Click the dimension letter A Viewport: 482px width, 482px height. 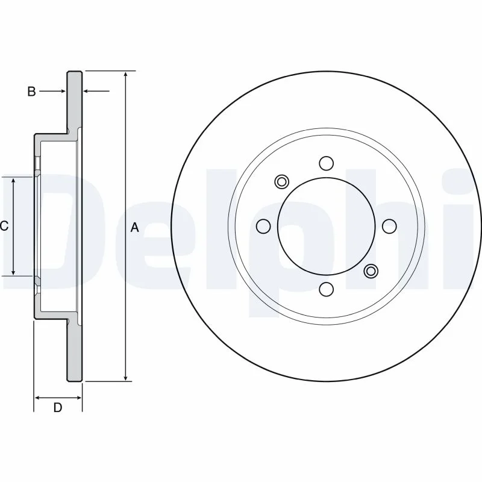pos(134,228)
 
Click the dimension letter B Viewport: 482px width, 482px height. pos(31,92)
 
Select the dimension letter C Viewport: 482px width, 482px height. pos(4,226)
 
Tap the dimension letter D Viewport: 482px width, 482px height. pos(58,408)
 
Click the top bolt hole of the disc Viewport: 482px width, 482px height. pos(326,163)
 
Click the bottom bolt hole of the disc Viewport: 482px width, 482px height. pos(326,289)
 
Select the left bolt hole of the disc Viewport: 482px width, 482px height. pos(263,227)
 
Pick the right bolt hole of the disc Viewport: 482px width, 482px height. pos(389,227)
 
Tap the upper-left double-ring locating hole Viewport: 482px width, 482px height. pos(281,182)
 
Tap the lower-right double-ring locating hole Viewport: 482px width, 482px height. pos(371,271)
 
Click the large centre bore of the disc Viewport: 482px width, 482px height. pos(326,227)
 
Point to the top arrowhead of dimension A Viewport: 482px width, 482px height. pos(125,74)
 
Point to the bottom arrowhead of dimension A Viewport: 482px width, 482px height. pos(125,378)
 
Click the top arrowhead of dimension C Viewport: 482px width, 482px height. pos(13,181)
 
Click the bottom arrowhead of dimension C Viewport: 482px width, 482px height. pos(13,272)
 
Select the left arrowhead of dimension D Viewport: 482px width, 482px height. pos(37,398)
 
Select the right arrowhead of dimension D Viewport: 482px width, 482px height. pos(78,398)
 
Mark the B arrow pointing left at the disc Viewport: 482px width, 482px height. pos(96,91)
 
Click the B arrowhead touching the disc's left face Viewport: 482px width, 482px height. pos(63,91)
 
